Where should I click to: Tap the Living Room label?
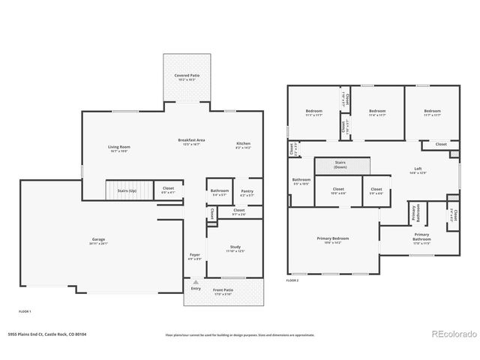click(118, 147)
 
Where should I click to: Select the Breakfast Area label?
click(192, 140)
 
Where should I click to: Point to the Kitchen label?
click(243, 143)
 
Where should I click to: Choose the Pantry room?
click(247, 192)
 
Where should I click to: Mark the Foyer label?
click(195, 255)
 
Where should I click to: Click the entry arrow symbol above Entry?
click(196, 281)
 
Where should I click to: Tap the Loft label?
click(417, 169)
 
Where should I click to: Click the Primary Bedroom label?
click(333, 238)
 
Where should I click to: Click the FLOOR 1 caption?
click(25, 311)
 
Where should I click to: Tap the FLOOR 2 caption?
click(292, 280)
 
